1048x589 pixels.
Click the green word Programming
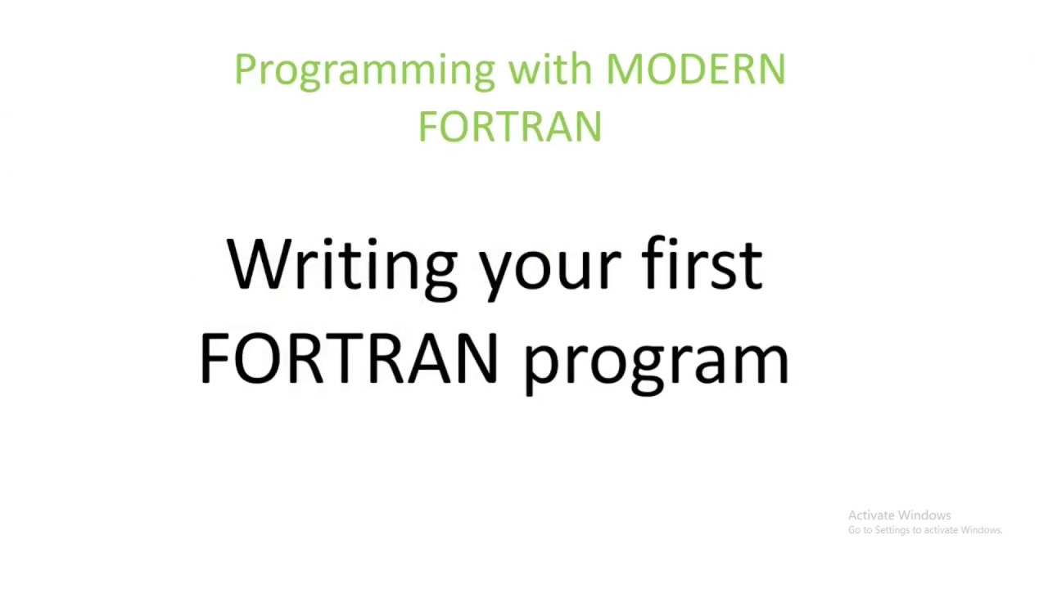pos(364,70)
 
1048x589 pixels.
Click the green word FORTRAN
pos(509,128)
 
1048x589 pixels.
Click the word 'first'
pos(702,263)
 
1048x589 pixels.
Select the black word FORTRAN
pos(348,359)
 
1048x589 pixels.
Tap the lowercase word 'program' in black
pos(656,364)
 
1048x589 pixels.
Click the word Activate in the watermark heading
pos(871,515)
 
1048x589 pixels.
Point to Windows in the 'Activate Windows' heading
pos(925,515)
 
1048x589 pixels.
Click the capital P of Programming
pos(243,70)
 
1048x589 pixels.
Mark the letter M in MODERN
pos(621,70)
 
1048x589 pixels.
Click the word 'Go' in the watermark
pos(853,530)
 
